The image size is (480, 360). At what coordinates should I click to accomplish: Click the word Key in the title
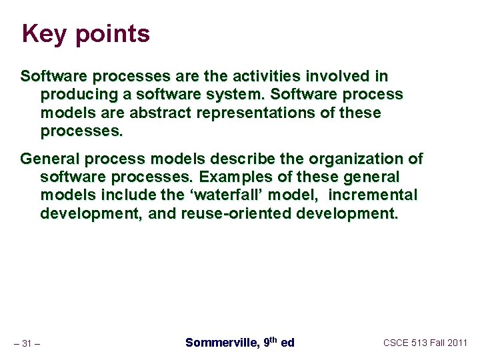pyautogui.click(x=44, y=33)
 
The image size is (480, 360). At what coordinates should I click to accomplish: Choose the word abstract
pyautogui.click(x=161, y=113)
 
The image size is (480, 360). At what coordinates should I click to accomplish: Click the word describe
pyautogui.click(x=238, y=159)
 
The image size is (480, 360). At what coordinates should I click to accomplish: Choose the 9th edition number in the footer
pyautogui.click(x=269, y=342)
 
